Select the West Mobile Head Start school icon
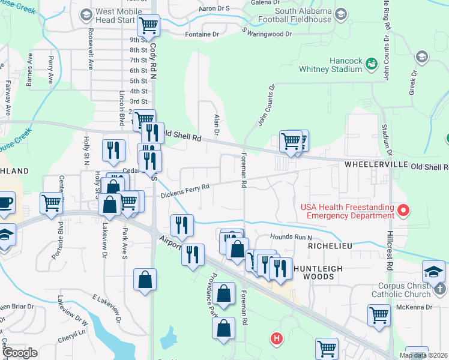click(x=86, y=14)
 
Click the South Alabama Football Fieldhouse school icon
click(x=341, y=14)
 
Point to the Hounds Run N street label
click(x=291, y=236)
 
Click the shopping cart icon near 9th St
click(x=148, y=26)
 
